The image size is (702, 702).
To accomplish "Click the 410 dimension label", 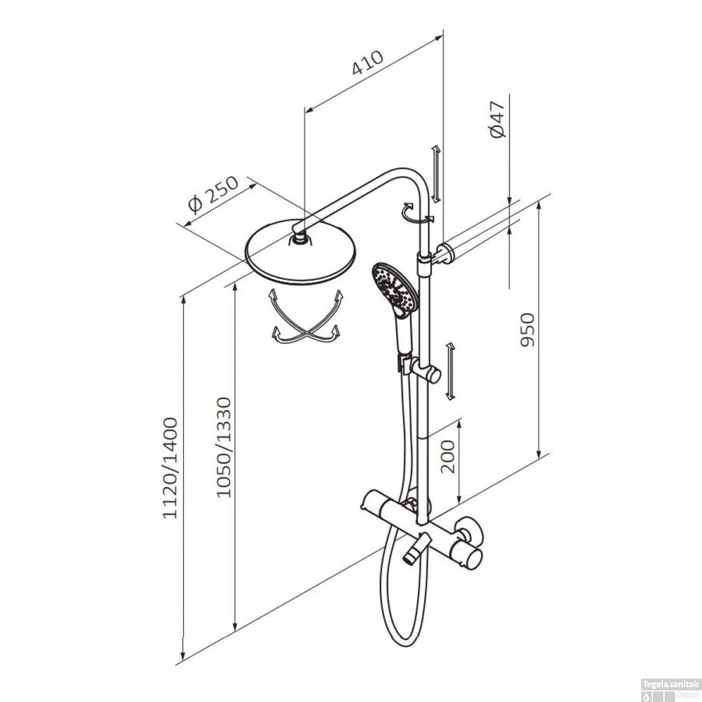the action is click(368, 62).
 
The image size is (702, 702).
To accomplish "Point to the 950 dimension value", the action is click(527, 330).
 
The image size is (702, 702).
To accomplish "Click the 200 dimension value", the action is click(448, 456).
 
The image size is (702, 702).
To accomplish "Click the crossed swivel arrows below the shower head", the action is click(305, 317).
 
